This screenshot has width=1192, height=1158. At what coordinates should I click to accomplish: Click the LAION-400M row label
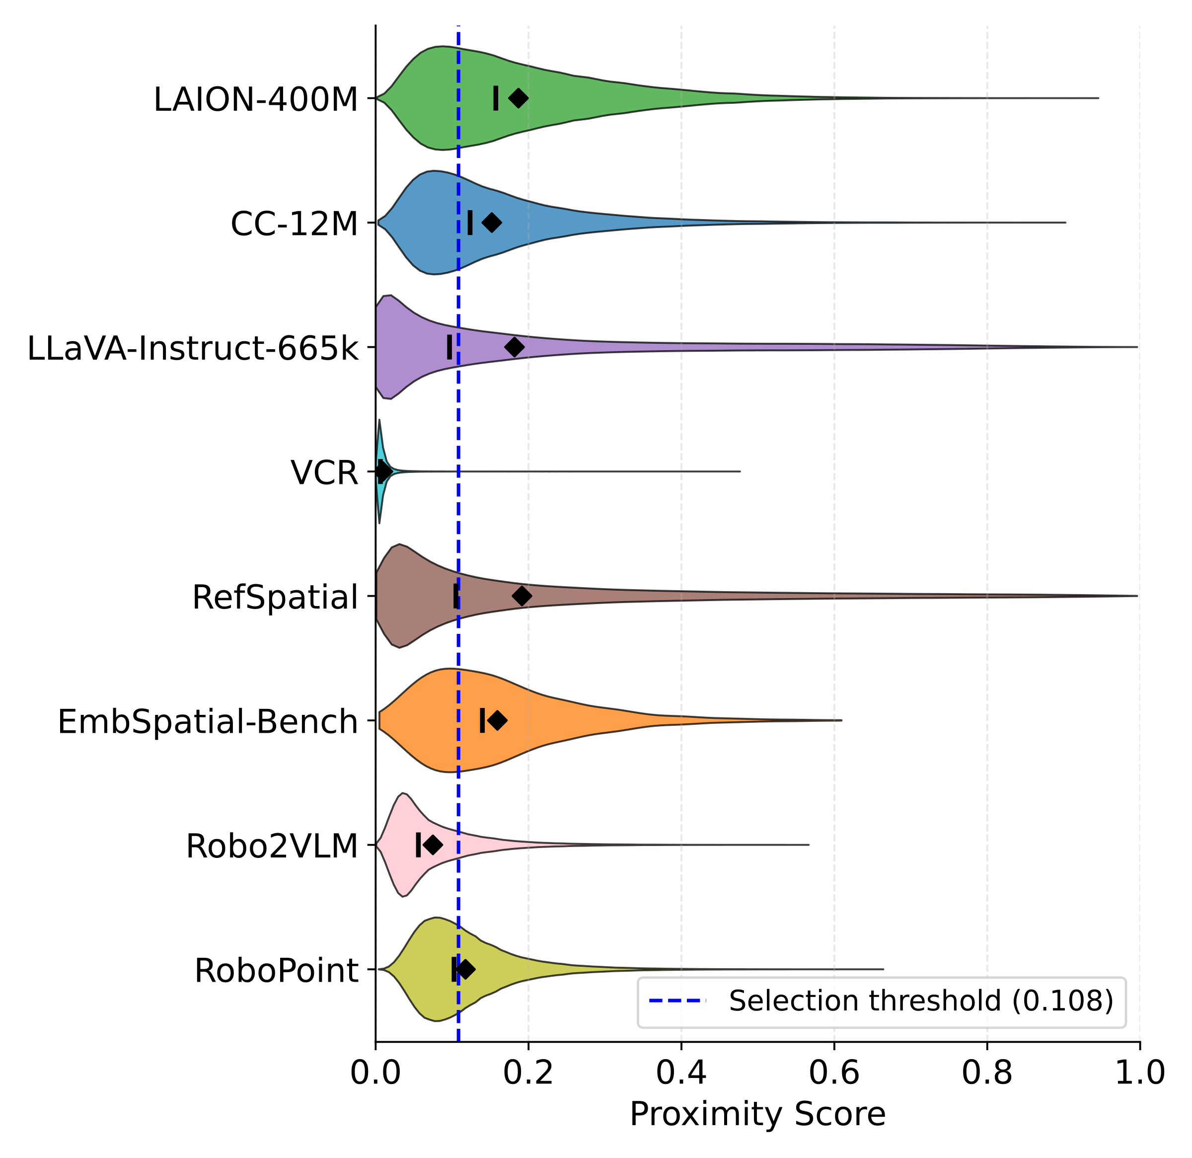click(255, 100)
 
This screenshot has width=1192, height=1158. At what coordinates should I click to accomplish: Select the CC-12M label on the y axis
click(295, 225)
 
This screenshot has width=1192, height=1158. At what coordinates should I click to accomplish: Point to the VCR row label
click(324, 473)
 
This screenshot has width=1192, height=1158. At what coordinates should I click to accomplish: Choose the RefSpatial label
click(275, 598)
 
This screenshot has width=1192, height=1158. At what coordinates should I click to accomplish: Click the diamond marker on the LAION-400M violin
click(518, 98)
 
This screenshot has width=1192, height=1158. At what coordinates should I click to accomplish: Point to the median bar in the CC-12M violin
click(470, 223)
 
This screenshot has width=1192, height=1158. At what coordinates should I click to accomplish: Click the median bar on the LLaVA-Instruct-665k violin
click(449, 347)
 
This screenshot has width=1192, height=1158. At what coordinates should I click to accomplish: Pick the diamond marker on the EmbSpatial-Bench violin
click(498, 721)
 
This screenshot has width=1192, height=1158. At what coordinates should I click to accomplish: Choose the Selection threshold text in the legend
click(921, 1001)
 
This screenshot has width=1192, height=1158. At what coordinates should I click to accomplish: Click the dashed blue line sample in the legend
click(677, 1001)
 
